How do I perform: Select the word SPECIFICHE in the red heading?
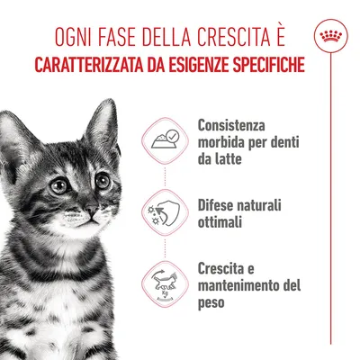(262, 67)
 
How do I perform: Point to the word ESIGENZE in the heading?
(193, 67)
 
